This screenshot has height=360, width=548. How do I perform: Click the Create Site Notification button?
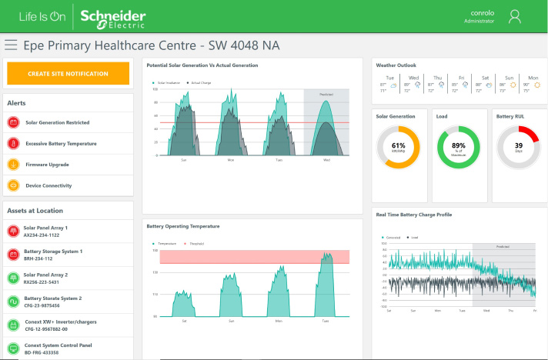[x=68, y=73]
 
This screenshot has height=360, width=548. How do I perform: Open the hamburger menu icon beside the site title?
[x=11, y=45]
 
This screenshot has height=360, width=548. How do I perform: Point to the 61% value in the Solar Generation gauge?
[x=398, y=146]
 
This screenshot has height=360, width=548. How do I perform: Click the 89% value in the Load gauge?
[x=459, y=146]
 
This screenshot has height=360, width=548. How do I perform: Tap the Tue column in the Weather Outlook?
[x=389, y=84]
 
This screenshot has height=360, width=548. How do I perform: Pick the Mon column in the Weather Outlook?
[x=533, y=84]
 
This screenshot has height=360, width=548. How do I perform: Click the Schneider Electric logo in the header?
[x=112, y=16]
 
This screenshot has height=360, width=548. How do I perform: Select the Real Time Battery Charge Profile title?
[x=413, y=215]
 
